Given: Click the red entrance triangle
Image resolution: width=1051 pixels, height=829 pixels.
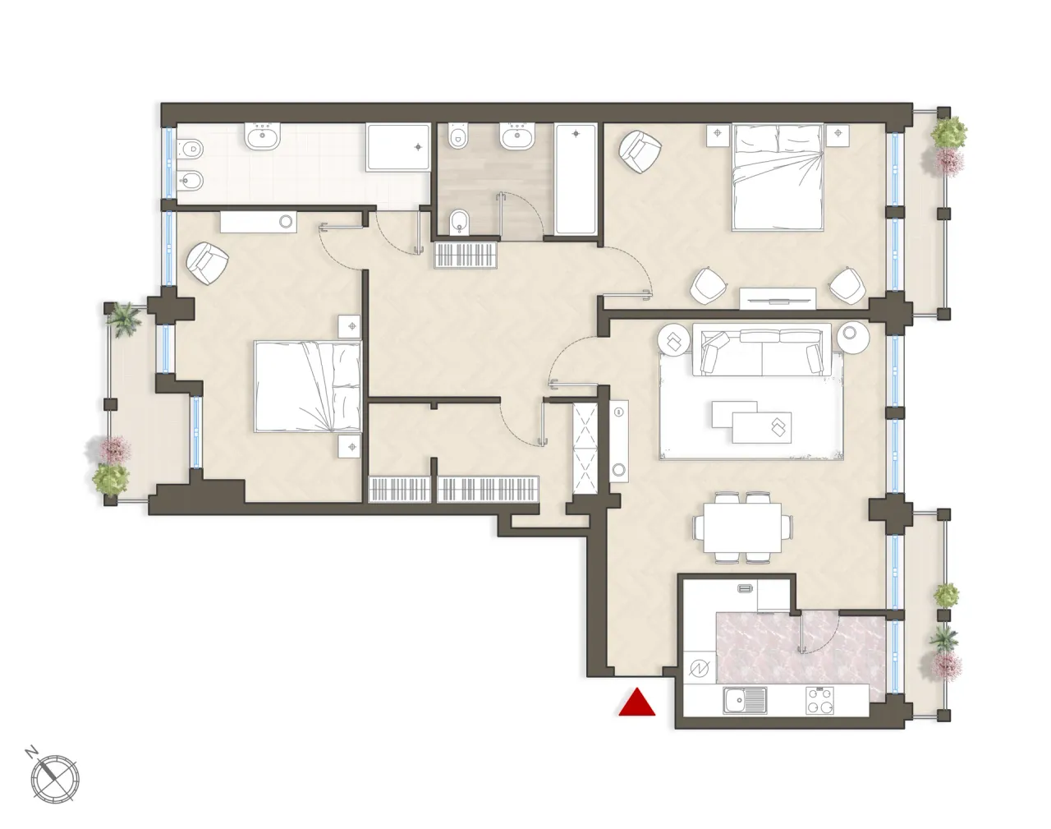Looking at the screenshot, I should coord(637,702).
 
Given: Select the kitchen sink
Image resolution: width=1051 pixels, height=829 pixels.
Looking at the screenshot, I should coord(745,701).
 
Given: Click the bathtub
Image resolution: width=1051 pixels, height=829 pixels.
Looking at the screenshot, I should coord(576,180).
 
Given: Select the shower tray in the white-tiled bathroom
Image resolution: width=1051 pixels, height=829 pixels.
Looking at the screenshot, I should coord(398,148).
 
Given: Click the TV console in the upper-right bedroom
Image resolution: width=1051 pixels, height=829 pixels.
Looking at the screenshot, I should coord(778,297).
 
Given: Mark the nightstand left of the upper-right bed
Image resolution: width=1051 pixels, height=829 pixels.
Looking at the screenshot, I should coord(717,132).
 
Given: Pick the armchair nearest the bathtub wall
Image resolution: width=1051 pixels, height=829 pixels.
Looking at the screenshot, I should coord(640,152).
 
